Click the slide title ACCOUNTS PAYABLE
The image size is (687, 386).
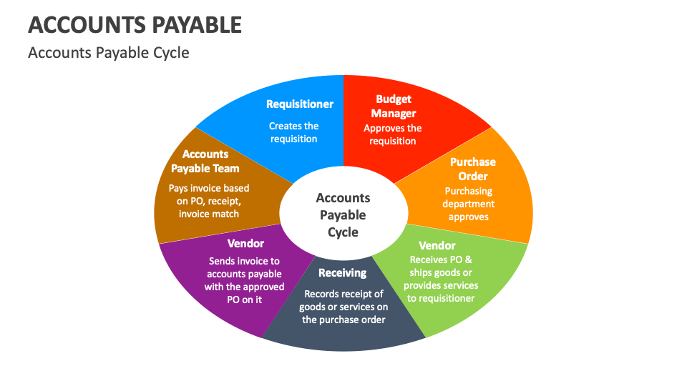(135, 26)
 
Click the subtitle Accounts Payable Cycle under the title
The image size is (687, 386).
(108, 53)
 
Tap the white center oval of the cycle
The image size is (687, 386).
(343, 214)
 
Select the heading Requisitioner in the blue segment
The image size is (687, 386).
(300, 104)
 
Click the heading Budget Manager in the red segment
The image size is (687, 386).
(393, 107)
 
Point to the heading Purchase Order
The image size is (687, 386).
(472, 169)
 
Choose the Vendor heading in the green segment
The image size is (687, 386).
(437, 246)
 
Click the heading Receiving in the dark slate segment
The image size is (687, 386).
(342, 272)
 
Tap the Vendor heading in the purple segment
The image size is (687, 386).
(245, 244)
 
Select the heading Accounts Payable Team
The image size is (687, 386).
(205, 162)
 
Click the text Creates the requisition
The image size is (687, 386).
(294, 132)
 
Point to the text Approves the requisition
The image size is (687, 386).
(393, 135)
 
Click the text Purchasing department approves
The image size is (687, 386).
(469, 204)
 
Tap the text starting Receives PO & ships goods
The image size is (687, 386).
(441, 279)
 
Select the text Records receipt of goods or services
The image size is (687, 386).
(343, 307)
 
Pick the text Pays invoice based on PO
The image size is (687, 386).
(209, 201)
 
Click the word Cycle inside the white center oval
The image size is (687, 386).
(343, 232)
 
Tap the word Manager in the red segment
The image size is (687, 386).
(393, 114)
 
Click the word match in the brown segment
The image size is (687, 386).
(225, 214)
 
